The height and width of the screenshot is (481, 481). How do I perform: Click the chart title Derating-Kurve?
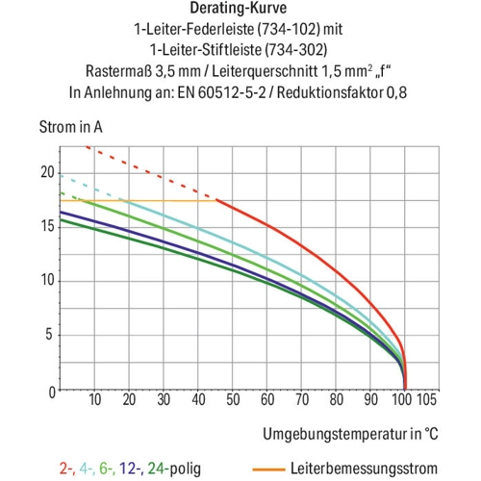pos(238,9)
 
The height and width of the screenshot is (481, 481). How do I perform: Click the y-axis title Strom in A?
pos(71,127)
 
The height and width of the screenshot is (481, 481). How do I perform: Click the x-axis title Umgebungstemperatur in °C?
pos(350,434)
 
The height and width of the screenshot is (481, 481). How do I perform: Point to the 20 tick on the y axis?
pos(48,172)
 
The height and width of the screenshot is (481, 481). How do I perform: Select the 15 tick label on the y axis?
pos(48,226)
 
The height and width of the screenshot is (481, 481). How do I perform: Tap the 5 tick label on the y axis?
pos(49,335)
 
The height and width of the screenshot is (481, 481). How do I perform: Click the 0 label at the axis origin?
pos(52,392)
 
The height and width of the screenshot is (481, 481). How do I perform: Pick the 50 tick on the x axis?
pos(233,399)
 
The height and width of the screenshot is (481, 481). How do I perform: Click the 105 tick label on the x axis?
pos(426,399)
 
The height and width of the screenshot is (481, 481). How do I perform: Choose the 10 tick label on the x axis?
pos(95,399)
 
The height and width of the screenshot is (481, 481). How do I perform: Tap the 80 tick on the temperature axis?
pos(337,399)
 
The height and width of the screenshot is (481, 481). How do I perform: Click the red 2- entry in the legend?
pos(67,468)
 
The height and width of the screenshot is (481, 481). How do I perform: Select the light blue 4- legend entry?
pos(88,468)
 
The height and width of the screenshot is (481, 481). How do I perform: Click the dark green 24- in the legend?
pos(158,468)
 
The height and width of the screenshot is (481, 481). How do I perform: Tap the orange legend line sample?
pos(268,469)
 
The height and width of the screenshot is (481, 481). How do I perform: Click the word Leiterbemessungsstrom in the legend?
pos(364,468)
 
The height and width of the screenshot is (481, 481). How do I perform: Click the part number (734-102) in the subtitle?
pos(289,29)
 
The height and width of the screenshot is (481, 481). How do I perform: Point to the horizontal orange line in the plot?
pos(139,201)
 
